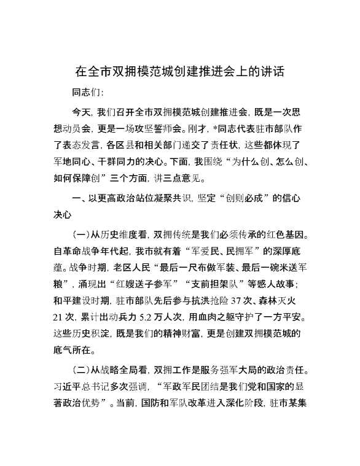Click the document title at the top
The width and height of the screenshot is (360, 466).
pos(179,71)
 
